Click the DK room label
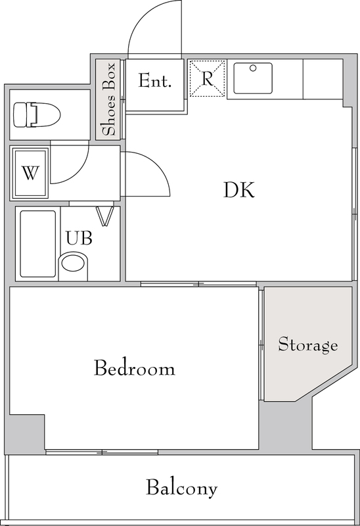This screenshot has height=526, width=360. click(x=239, y=190)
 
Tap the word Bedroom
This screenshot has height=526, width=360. click(x=135, y=368)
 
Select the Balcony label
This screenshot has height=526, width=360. click(x=182, y=488)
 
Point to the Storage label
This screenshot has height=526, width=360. click(x=307, y=345)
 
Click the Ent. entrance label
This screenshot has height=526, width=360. click(x=155, y=80)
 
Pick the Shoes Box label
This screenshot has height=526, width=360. click(x=109, y=99)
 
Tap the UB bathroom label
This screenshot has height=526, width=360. click(x=79, y=238)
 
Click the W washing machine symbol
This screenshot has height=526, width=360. click(x=30, y=173)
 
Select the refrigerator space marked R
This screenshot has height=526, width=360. click(x=207, y=78)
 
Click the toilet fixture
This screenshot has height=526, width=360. click(x=37, y=115)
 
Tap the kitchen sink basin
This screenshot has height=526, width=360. click(x=253, y=78)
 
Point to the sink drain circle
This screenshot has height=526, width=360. click(x=253, y=68)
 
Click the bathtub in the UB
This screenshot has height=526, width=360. click(x=38, y=244)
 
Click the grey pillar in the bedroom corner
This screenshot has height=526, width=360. click(x=27, y=433)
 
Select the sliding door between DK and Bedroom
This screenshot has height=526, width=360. click(x=198, y=284)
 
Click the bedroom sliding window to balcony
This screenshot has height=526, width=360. click(x=102, y=452)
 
